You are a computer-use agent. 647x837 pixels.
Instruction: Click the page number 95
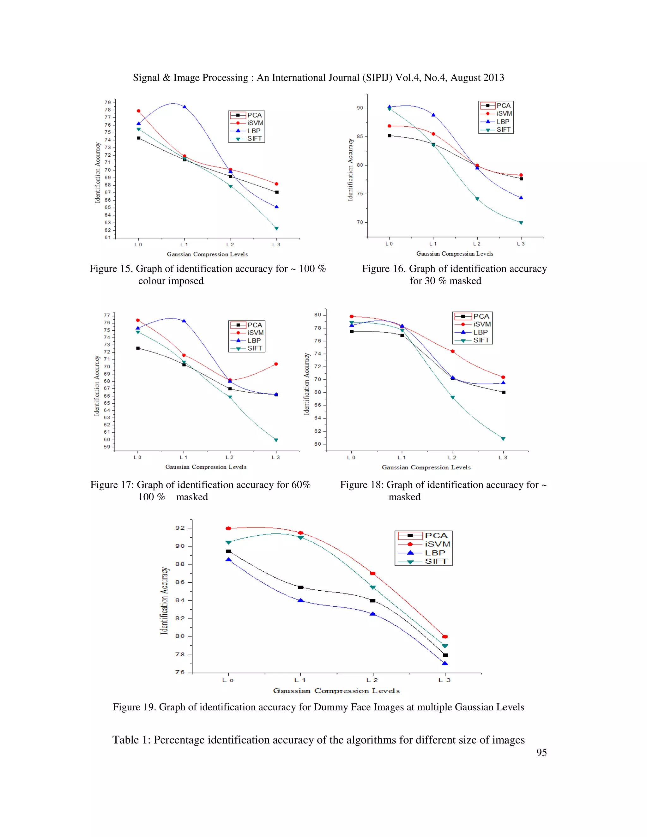[541, 752]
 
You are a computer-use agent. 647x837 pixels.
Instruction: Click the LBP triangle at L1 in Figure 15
[184, 107]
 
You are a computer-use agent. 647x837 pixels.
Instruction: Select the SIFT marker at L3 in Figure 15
[276, 228]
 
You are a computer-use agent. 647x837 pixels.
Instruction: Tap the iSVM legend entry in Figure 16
[504, 113]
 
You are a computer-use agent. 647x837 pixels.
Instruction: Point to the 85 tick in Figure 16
[360, 136]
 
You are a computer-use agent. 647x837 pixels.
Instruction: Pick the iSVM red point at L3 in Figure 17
[276, 364]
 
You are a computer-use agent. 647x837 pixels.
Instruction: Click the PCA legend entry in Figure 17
[255, 325]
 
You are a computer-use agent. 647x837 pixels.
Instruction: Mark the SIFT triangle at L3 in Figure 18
[503, 439]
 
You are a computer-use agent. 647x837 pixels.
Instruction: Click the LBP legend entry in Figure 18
[480, 332]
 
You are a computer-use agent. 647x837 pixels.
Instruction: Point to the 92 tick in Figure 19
[180, 528]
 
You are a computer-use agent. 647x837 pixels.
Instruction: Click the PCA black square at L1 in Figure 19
[301, 587]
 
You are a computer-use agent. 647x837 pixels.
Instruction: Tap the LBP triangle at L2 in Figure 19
[372, 614]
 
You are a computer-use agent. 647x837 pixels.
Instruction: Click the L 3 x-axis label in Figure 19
[444, 680]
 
